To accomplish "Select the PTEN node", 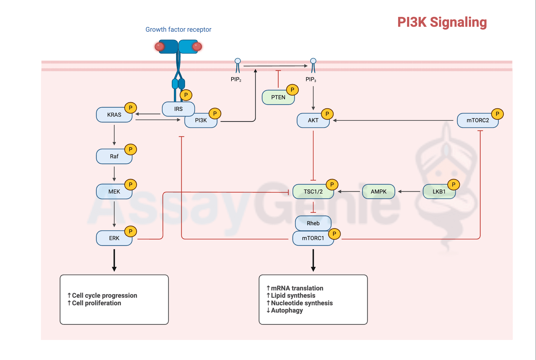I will click(278, 97).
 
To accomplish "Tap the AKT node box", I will click(313, 120).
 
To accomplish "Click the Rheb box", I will click(313, 223).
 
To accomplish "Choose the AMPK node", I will click(378, 191).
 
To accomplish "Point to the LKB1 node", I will click(439, 191).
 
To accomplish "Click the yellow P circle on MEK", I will click(131, 185).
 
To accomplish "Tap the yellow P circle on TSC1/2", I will click(332, 185).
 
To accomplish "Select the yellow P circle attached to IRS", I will click(186, 95).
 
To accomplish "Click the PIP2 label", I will click(236, 79).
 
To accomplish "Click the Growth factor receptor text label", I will click(178, 29).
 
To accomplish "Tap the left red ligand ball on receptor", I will click(159, 47).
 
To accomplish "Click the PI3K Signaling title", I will click(442, 22).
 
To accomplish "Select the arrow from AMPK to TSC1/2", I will click(349, 191).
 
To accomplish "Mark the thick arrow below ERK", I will click(114, 260).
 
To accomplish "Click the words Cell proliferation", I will click(96, 303).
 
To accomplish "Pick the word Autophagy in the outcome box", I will click(287, 310).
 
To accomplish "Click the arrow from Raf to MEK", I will click(114, 174).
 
